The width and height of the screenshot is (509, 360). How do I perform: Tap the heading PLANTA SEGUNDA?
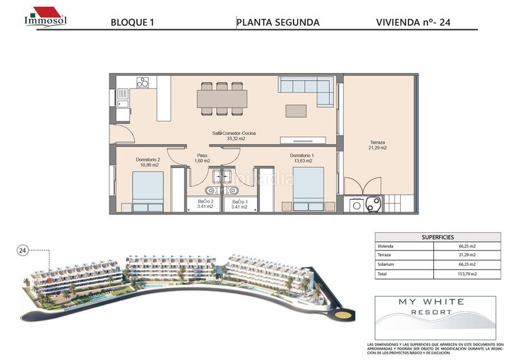click(277, 22)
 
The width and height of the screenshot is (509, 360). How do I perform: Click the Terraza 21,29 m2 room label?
click(378, 145)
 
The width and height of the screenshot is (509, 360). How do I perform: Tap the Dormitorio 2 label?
click(147, 162)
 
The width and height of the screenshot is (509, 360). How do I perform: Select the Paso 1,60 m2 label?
click(202, 158)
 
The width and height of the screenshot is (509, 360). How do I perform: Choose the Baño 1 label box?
click(239, 204)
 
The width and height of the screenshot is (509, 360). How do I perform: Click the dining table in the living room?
click(222, 99)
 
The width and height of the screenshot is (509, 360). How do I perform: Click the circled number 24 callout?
click(23, 251)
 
